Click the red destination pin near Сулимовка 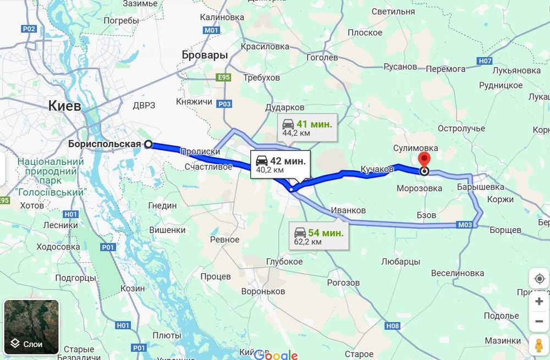(x=424, y=160)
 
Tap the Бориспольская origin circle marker (x=148, y=144)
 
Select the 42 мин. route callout (x=280, y=164)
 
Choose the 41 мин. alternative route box (x=306, y=128)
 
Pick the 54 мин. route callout (x=318, y=236)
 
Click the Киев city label (x=64, y=106)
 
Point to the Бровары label (x=205, y=55)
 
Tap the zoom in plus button (x=539, y=301)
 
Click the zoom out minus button (x=539, y=322)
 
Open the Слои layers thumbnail (x=31, y=326)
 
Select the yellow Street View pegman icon (x=539, y=345)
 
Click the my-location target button (x=539, y=279)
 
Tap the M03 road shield (x=465, y=225)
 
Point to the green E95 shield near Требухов (x=223, y=77)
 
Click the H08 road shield (x=392, y=326)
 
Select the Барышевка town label (x=480, y=187)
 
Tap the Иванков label (x=348, y=211)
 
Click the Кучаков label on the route (x=377, y=169)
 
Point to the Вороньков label (x=263, y=291)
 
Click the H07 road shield (x=485, y=61)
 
